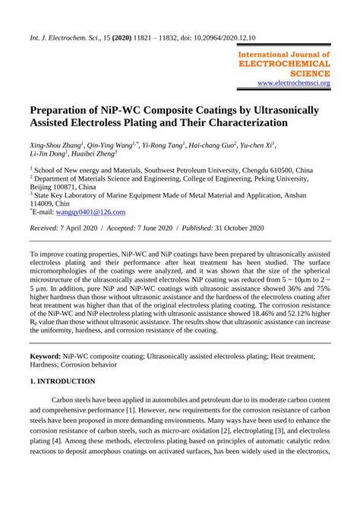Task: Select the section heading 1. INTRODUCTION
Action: [x=62, y=380]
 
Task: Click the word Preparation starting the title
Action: [x=64, y=109]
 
